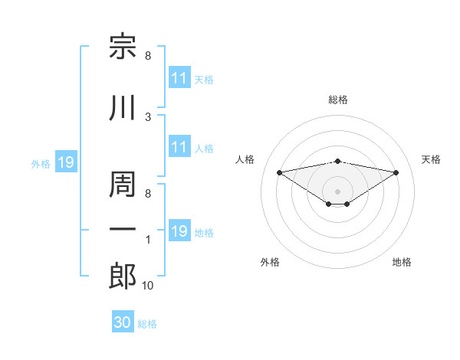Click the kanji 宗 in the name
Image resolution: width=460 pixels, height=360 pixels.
(x=123, y=46)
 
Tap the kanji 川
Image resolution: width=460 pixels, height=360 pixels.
(x=123, y=107)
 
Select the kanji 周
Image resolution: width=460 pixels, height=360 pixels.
(x=123, y=184)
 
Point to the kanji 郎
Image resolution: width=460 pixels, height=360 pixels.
(x=123, y=276)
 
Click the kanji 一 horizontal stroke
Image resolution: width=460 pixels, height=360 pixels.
(x=123, y=229)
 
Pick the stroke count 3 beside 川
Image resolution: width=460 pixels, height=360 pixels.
(x=148, y=117)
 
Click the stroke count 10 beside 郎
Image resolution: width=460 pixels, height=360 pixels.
(x=147, y=285)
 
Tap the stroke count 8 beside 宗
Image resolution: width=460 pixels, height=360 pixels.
(x=148, y=55)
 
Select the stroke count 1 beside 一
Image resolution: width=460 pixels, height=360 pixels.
(x=148, y=240)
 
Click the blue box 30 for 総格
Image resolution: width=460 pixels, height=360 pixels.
(x=123, y=321)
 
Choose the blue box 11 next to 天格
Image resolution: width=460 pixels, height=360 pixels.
(x=180, y=77)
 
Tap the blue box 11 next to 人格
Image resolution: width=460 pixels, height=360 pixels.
(x=180, y=146)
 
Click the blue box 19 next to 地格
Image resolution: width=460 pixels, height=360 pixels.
(x=180, y=230)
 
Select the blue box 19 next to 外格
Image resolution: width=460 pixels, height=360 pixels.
(x=66, y=162)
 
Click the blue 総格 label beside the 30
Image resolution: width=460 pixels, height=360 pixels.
(x=147, y=324)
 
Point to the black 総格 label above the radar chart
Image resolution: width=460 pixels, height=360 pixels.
(x=338, y=100)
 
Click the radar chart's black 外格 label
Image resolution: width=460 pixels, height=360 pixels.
(x=270, y=262)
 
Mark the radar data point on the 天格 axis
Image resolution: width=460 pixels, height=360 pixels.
(x=396, y=172)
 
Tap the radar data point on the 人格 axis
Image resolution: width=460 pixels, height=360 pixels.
(x=280, y=172)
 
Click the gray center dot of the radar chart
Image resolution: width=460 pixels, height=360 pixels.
(x=337, y=191)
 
